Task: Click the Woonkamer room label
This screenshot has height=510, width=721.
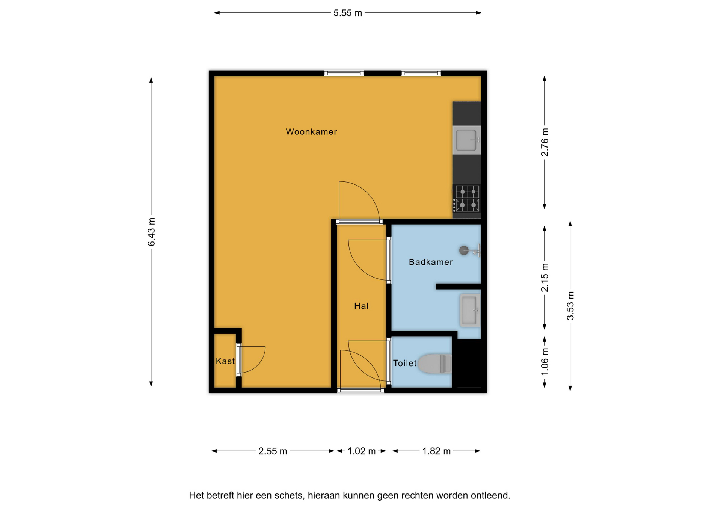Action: point(311,132)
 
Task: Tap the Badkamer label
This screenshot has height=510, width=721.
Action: point(431,262)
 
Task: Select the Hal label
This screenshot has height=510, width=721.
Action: point(361,306)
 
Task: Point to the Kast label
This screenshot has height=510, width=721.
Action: point(225,361)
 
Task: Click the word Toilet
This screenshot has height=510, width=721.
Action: point(405,363)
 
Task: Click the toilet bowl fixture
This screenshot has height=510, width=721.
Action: point(435,364)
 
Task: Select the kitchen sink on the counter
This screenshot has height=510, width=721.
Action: point(467,140)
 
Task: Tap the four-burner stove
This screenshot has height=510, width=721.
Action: point(467,199)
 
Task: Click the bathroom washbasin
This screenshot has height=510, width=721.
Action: point(470,310)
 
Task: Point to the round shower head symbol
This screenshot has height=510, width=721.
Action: point(464,250)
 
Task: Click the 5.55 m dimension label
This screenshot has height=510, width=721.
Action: point(348,13)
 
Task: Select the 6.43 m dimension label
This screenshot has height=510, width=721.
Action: point(151,232)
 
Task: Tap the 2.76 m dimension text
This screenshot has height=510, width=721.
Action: point(545,142)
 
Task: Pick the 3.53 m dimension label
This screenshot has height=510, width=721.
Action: point(570,306)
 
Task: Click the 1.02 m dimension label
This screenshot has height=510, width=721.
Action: point(361,451)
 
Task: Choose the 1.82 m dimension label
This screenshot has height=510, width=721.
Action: point(436,451)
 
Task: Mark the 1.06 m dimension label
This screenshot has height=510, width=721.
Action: point(545,361)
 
